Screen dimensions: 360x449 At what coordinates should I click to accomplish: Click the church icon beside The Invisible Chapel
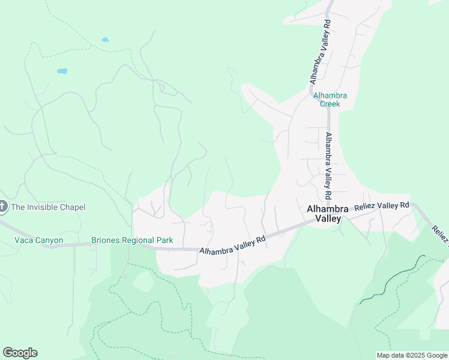point(2,207)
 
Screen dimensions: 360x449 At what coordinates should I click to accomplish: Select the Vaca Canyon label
point(38,241)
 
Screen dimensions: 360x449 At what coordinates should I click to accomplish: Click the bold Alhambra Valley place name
point(324,214)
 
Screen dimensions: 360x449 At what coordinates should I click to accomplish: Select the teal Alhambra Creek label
point(330,100)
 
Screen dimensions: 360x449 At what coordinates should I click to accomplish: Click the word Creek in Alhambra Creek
point(330,104)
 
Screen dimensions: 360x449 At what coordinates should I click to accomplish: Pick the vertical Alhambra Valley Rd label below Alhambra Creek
point(328,166)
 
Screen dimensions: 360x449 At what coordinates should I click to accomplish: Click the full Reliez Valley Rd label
point(382,206)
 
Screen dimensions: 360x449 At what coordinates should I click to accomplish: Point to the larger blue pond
point(62,71)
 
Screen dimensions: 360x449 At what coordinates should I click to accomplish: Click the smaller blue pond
point(106,40)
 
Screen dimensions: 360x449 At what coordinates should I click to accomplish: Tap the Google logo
point(20,353)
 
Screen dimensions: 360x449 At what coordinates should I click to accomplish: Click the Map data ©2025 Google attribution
point(412,355)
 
